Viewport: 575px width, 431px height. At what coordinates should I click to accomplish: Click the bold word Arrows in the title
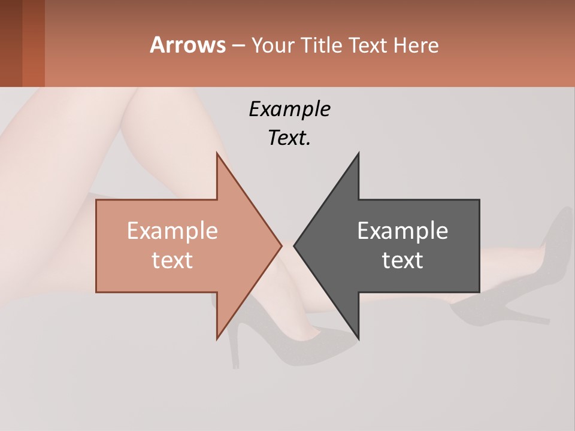click(187, 45)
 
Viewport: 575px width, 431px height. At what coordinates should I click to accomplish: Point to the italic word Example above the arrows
click(289, 109)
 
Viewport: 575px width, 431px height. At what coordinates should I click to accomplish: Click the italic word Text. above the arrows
click(289, 138)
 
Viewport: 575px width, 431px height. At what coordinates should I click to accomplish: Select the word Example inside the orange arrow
click(172, 230)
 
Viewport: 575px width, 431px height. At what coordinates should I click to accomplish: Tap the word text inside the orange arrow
click(172, 260)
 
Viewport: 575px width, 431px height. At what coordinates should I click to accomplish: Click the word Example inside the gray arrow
click(402, 230)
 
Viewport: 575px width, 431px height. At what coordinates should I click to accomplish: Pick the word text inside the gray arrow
click(402, 260)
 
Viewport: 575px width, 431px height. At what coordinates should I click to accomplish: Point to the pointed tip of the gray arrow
click(295, 245)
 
